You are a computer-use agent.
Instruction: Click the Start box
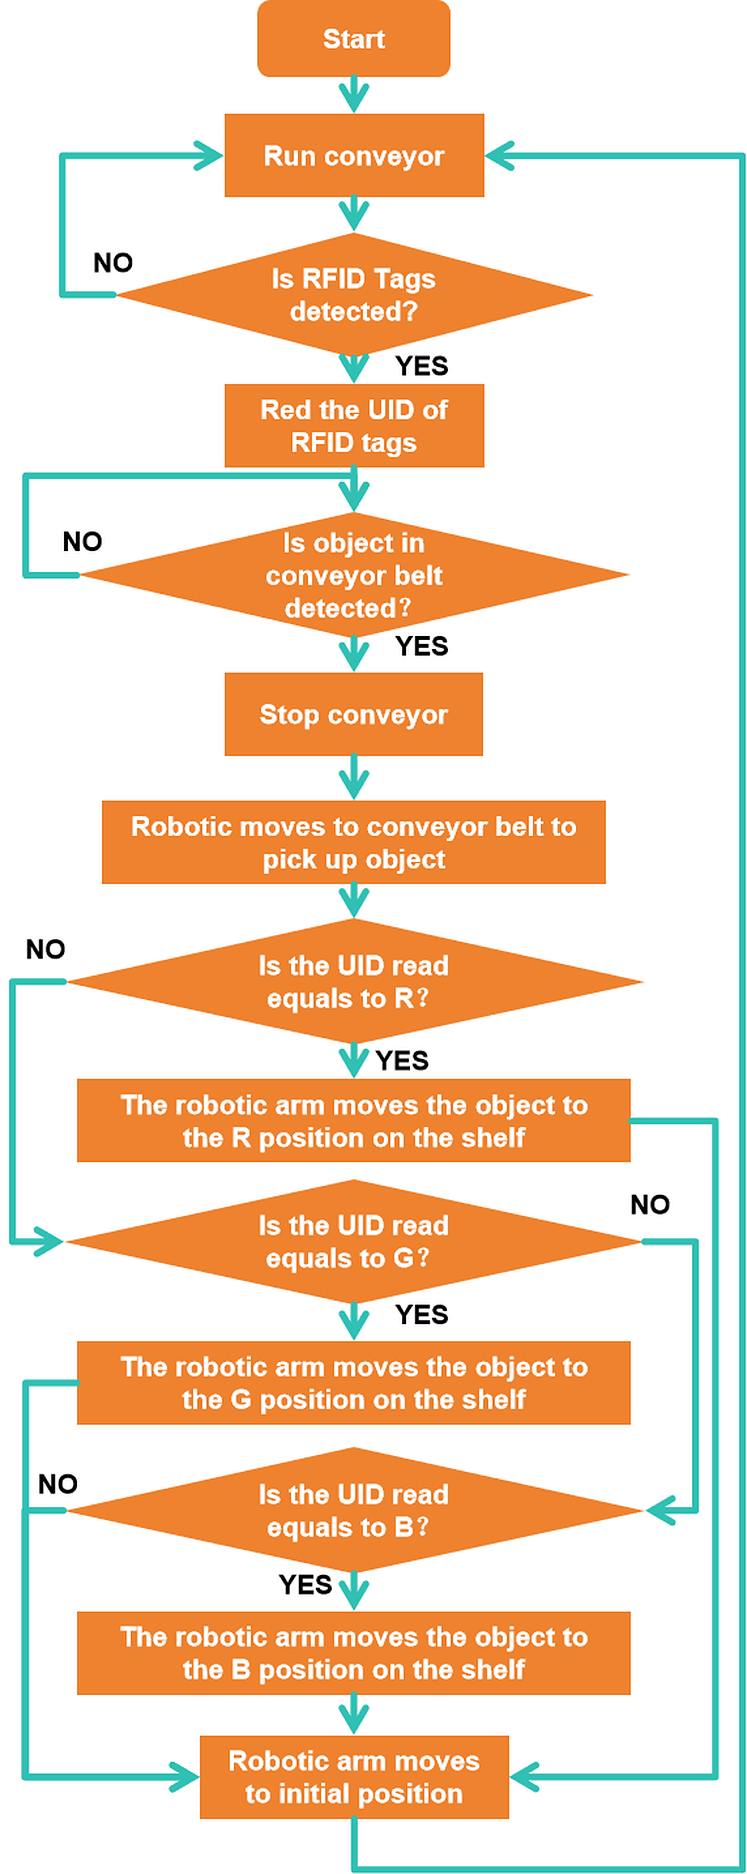tap(353, 39)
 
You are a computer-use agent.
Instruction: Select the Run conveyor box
tap(354, 155)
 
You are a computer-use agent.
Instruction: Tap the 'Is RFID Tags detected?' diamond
tap(354, 294)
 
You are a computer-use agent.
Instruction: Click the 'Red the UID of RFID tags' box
tap(354, 426)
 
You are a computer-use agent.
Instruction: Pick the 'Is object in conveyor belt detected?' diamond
tap(354, 575)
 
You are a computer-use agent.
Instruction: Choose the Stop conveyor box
tap(353, 714)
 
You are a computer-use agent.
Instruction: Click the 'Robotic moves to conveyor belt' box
tap(353, 842)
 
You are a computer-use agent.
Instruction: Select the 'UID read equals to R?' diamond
tap(354, 981)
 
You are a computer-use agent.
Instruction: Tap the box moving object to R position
tap(353, 1120)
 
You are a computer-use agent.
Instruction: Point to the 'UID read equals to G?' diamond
tap(354, 1241)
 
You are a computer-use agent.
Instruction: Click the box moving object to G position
tap(353, 1383)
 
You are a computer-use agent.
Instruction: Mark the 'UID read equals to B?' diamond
tap(354, 1510)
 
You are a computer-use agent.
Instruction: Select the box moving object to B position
tap(353, 1653)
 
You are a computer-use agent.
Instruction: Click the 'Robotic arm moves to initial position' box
tap(354, 1777)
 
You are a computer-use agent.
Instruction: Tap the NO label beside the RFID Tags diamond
tap(113, 262)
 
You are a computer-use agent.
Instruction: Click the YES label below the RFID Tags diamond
tap(422, 366)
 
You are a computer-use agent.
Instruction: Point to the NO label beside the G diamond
tap(650, 1205)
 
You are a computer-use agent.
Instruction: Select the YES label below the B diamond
tap(306, 1585)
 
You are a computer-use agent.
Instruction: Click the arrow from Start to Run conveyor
tap(354, 95)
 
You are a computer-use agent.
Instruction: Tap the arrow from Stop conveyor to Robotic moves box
tap(354, 778)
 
